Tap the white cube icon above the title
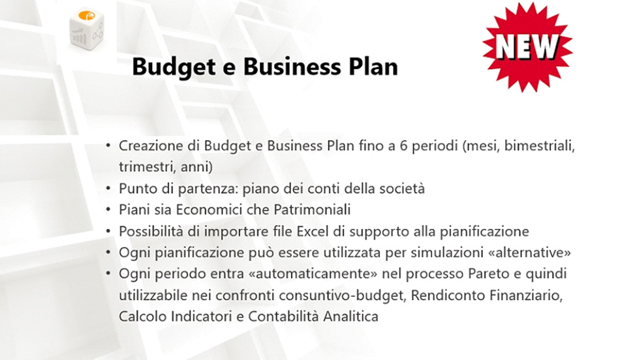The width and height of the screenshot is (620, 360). [x=87, y=29]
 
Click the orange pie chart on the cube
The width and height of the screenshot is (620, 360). [x=87, y=16]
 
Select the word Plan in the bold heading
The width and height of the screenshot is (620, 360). [x=373, y=67]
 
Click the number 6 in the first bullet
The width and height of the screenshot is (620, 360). [x=403, y=146]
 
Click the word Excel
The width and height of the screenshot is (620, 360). [x=313, y=231]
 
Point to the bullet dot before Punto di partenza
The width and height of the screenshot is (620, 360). [x=108, y=188]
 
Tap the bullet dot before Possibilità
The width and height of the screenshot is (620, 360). [x=108, y=231]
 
